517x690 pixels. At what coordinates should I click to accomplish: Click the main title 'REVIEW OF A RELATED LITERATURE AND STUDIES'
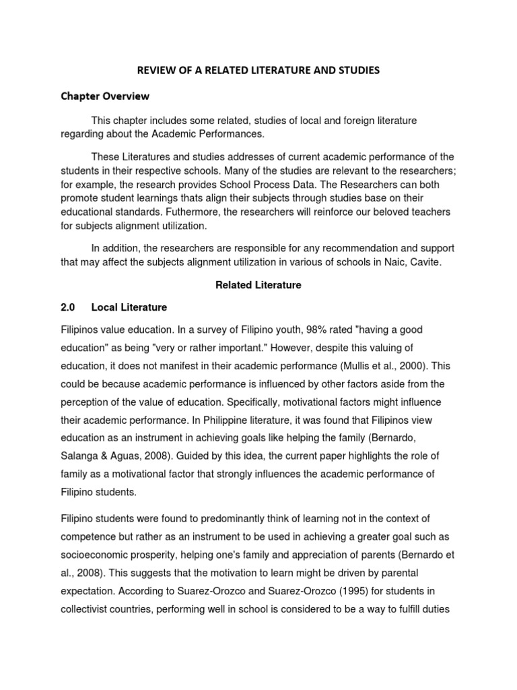click(258, 69)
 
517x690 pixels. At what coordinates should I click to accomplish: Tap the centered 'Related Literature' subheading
click(258, 285)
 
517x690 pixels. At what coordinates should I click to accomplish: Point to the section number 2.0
click(67, 307)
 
